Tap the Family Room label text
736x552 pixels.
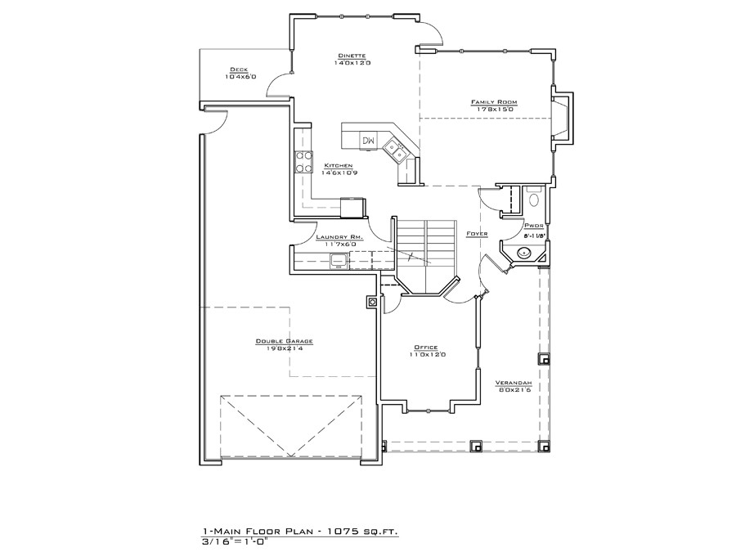point(494,102)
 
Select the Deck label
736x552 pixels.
point(240,70)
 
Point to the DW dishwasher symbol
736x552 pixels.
point(369,141)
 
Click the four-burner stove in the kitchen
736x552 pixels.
point(303,162)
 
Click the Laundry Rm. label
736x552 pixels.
point(333,237)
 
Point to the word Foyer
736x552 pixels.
point(477,234)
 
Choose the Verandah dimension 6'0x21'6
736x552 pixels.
point(515,390)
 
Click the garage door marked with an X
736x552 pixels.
point(291,426)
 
